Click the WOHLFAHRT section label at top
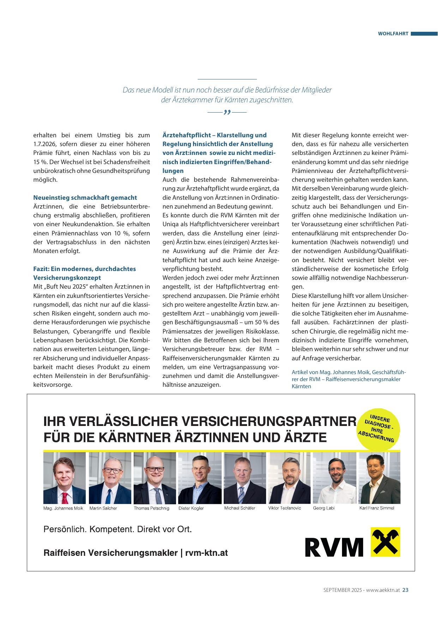point(393,34)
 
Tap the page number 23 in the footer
point(406,590)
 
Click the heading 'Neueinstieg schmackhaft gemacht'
point(85,198)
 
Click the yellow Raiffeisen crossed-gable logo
point(385,542)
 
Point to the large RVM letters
point(334,547)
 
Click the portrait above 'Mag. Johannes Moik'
point(65,478)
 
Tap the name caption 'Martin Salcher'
point(103,508)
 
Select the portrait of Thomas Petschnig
point(155,478)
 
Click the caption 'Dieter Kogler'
point(191,508)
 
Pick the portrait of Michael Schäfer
point(245,478)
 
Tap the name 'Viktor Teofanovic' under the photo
point(284,508)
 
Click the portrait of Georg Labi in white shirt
point(334,478)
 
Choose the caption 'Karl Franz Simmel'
point(377,508)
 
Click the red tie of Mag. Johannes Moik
point(65,498)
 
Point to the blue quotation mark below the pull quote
point(227,112)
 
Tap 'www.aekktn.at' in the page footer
point(383,590)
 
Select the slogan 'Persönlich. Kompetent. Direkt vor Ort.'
point(118,529)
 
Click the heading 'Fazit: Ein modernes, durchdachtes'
point(84,269)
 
